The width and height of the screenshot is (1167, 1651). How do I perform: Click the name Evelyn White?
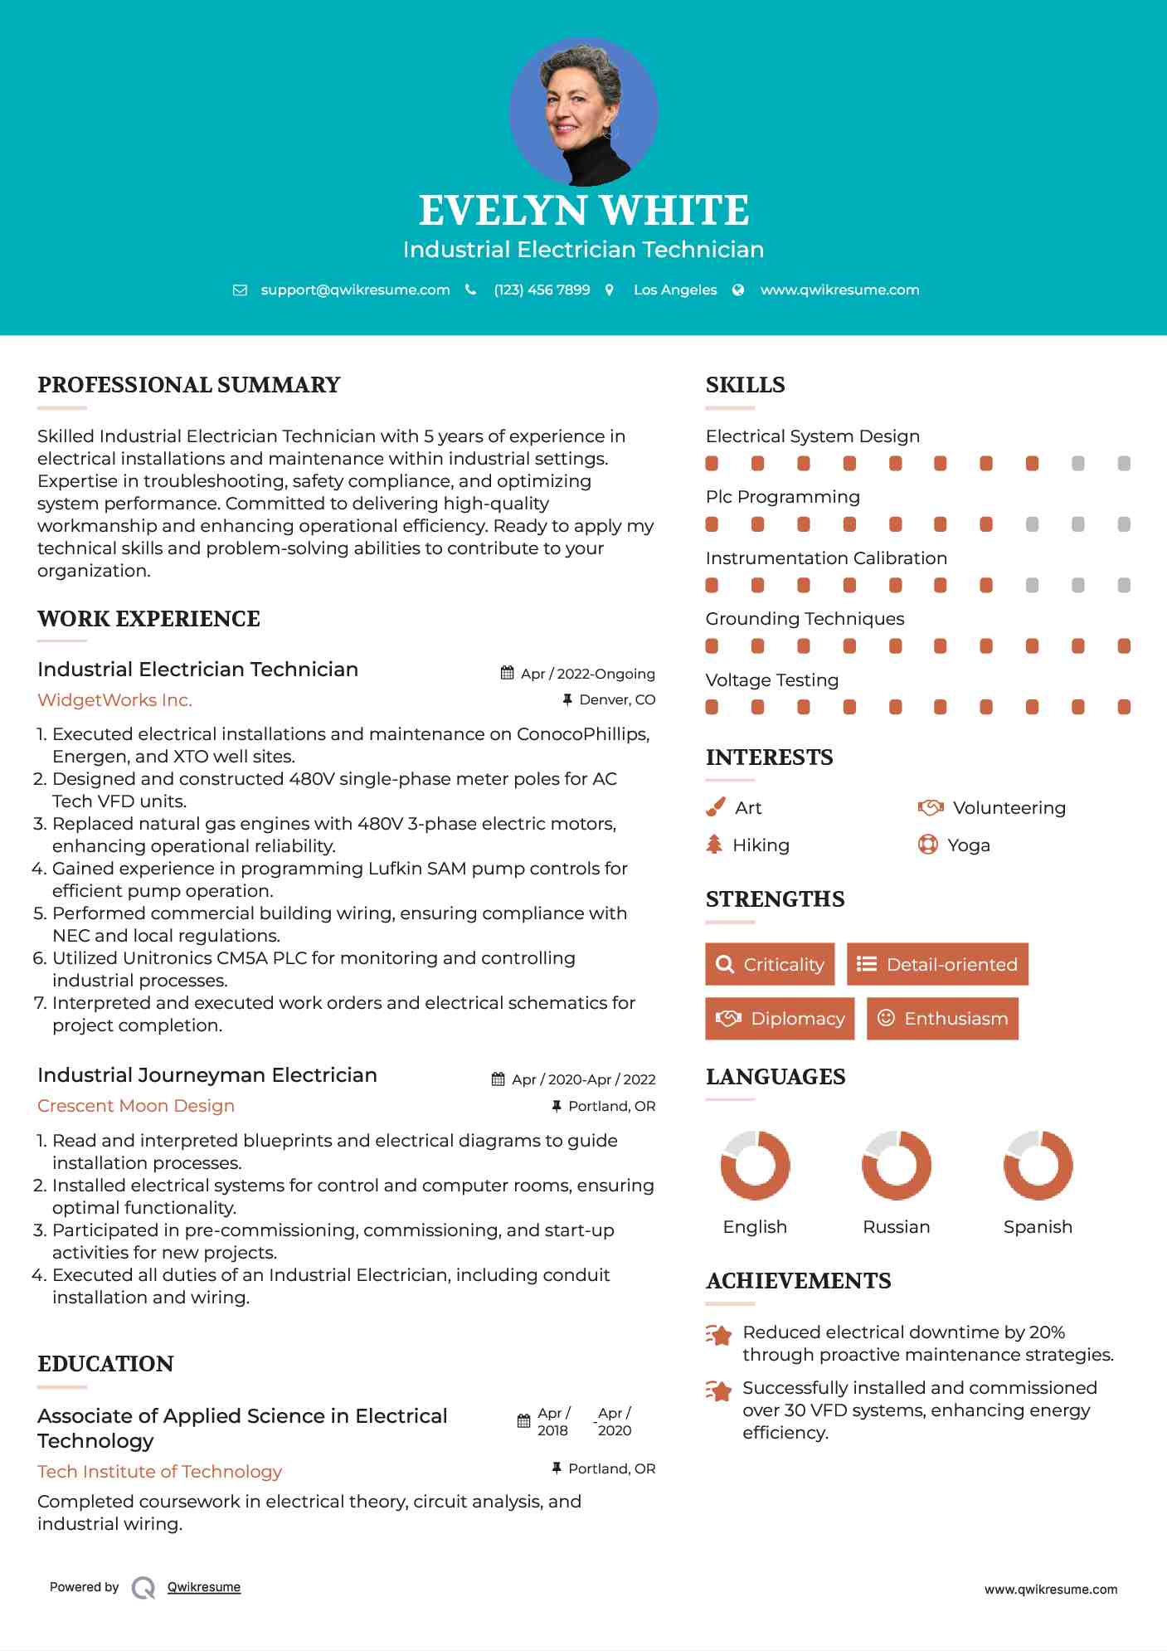pyautogui.click(x=583, y=211)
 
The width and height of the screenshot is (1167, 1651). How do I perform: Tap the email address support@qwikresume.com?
pyautogui.click(x=355, y=290)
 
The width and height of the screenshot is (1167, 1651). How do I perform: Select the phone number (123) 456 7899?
pyautogui.click(x=542, y=290)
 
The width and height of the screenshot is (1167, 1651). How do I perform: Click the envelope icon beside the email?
pyautogui.click(x=240, y=290)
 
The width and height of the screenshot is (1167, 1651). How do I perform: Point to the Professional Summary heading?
pyautogui.click(x=189, y=385)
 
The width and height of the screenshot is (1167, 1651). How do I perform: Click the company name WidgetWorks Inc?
pyautogui.click(x=114, y=700)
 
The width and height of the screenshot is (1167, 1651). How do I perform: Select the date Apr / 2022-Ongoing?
pyautogui.click(x=587, y=674)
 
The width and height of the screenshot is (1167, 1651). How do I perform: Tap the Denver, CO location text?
pyautogui.click(x=617, y=700)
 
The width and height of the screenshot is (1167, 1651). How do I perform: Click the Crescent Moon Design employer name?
pyautogui.click(x=136, y=1106)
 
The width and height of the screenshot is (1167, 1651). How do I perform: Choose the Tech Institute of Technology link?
pyautogui.click(x=159, y=1472)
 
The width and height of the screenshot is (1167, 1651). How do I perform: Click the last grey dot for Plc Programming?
pyautogui.click(x=1124, y=524)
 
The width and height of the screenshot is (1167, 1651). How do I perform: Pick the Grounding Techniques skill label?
pyautogui.click(x=805, y=619)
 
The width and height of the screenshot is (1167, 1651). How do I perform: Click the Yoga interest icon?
pyautogui.click(x=927, y=845)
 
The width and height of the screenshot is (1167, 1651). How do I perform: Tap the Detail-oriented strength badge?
pyautogui.click(x=937, y=964)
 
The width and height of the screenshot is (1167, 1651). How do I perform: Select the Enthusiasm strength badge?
pyautogui.click(x=942, y=1018)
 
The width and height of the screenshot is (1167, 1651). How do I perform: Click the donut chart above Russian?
pyautogui.click(x=896, y=1165)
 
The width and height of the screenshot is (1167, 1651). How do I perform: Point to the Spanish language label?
pyautogui.click(x=1038, y=1227)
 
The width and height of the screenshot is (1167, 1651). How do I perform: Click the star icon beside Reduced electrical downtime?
pyautogui.click(x=718, y=1335)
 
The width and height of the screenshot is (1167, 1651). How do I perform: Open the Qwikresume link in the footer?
pyautogui.click(x=204, y=1587)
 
